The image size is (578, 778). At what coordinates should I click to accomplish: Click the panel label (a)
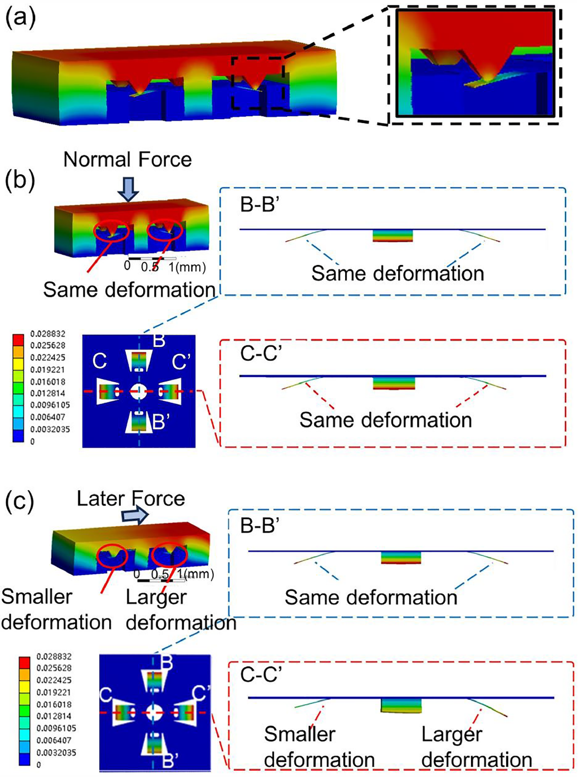pos(20,18)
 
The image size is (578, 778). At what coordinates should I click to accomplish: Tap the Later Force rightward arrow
pos(136,516)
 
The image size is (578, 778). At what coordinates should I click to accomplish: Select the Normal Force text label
pos(128,160)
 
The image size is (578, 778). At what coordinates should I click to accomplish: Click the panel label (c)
pos(20,501)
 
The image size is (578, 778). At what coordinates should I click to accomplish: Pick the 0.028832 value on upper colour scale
pos(47,334)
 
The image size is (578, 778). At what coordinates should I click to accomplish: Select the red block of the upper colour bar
pos(18,340)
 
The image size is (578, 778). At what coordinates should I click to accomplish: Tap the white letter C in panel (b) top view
pos(100,361)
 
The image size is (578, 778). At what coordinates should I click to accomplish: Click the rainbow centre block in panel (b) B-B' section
pos(393,235)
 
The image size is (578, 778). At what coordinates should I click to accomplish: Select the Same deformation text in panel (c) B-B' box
pos(371,597)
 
